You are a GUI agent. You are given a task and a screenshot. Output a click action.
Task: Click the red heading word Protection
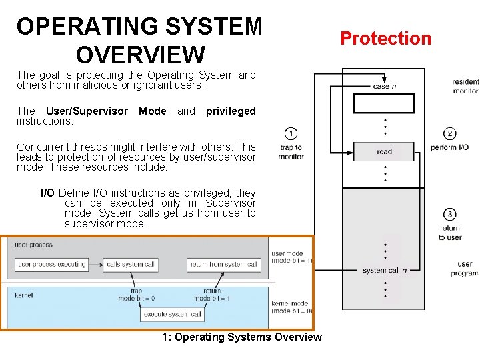386,39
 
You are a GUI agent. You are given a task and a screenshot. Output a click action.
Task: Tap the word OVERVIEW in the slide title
141,54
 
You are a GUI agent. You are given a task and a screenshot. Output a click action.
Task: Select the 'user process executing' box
52,264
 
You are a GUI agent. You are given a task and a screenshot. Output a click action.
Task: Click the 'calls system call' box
131,264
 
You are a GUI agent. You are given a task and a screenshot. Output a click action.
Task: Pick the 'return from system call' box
224,264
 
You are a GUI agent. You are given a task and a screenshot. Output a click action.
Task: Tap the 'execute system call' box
173,314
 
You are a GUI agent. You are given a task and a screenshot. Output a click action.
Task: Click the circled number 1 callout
291,133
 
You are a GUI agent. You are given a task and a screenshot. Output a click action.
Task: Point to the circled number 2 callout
450,133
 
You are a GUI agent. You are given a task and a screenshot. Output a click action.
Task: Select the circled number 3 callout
450,214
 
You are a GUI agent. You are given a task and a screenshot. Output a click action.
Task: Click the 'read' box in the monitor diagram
384,152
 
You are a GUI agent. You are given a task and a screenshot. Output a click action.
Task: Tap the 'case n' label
384,86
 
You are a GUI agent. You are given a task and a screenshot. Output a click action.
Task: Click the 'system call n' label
384,270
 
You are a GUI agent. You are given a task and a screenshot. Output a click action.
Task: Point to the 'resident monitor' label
465,86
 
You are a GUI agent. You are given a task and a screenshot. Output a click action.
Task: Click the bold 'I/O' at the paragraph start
48,193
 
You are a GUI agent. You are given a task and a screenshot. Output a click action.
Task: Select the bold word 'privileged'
231,111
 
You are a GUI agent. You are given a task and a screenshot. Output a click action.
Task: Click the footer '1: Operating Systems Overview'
241,337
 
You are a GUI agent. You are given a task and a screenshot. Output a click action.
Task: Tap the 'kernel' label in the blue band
23,295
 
